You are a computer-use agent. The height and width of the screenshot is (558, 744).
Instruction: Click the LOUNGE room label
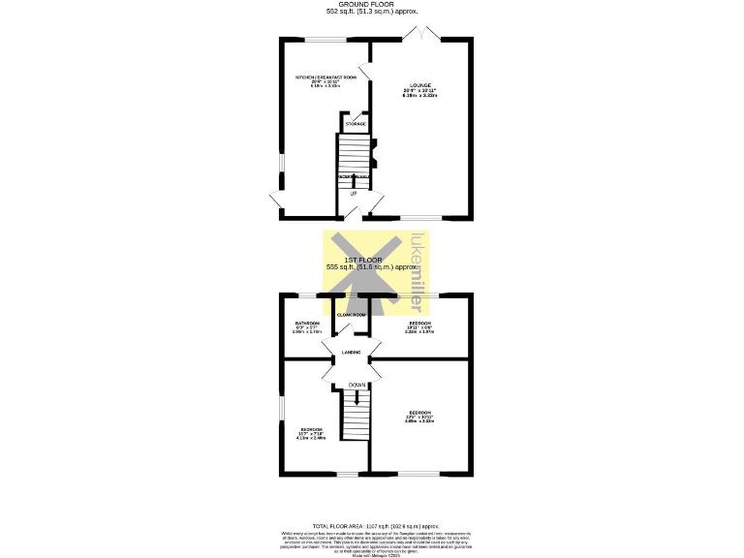click(x=420, y=86)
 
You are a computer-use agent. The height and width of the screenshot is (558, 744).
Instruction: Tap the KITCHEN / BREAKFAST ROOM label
click(x=325, y=77)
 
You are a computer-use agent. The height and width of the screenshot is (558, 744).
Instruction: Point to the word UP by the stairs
click(x=354, y=194)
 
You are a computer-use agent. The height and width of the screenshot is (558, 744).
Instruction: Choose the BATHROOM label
click(x=307, y=323)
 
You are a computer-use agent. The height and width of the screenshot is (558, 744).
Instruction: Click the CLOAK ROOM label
click(x=351, y=315)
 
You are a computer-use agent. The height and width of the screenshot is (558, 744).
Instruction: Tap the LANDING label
click(x=351, y=353)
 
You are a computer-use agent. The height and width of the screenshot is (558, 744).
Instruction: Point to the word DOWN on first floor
click(x=356, y=385)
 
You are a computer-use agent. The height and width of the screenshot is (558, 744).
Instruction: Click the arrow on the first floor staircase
click(x=356, y=397)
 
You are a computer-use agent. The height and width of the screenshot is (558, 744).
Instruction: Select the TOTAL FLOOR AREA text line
click(x=372, y=524)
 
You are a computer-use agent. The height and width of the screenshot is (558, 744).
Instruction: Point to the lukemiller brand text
click(x=418, y=273)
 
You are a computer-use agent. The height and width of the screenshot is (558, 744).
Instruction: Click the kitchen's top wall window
click(x=325, y=39)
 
